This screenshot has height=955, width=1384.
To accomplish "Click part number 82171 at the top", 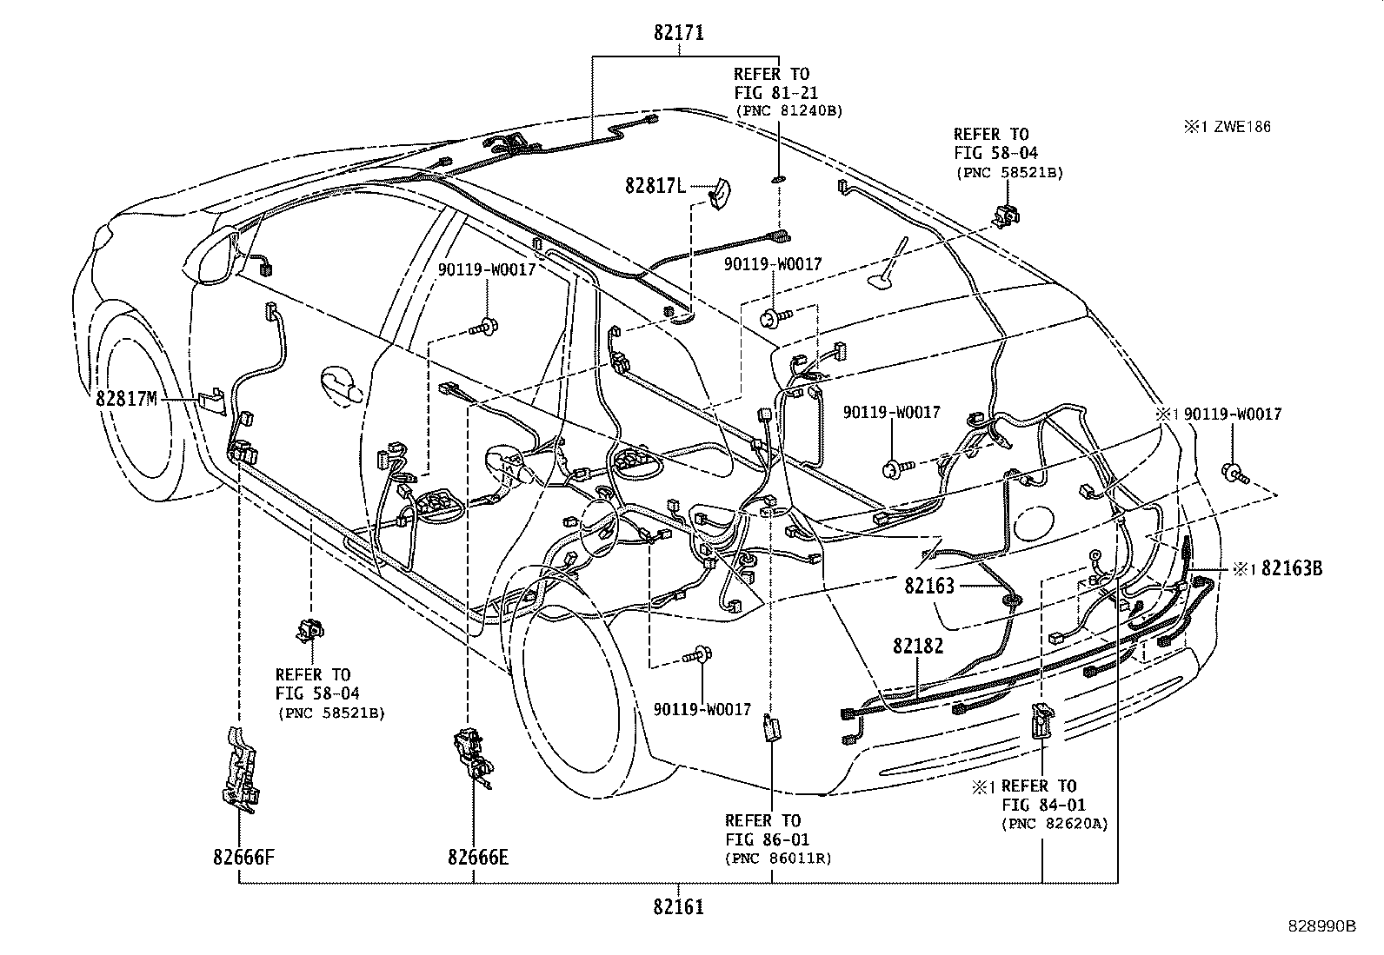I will (679, 33).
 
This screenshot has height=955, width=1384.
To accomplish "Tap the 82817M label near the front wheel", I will (126, 399).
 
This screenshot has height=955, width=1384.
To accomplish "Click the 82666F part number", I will (244, 858).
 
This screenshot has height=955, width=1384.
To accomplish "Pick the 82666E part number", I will (478, 858).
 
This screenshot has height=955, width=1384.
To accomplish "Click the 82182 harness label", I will (918, 646).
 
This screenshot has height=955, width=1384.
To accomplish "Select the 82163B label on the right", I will (1292, 569).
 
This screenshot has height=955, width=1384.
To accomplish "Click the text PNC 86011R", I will (778, 859).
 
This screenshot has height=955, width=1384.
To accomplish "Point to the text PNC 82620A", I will (1055, 824).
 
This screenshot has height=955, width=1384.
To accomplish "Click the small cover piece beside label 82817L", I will (719, 194).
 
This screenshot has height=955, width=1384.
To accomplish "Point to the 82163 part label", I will (928, 585).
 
